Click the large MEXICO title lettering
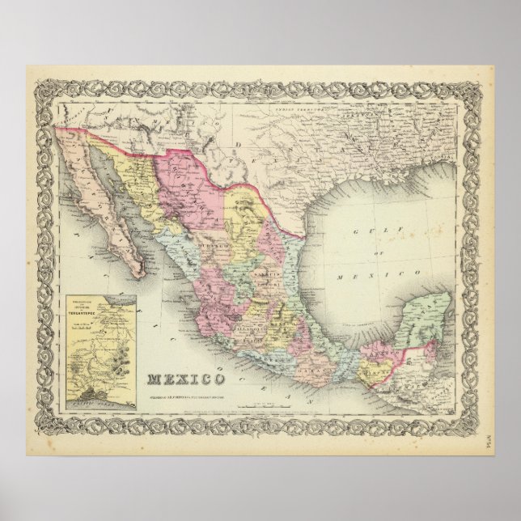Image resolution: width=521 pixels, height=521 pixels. (x=187, y=378)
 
